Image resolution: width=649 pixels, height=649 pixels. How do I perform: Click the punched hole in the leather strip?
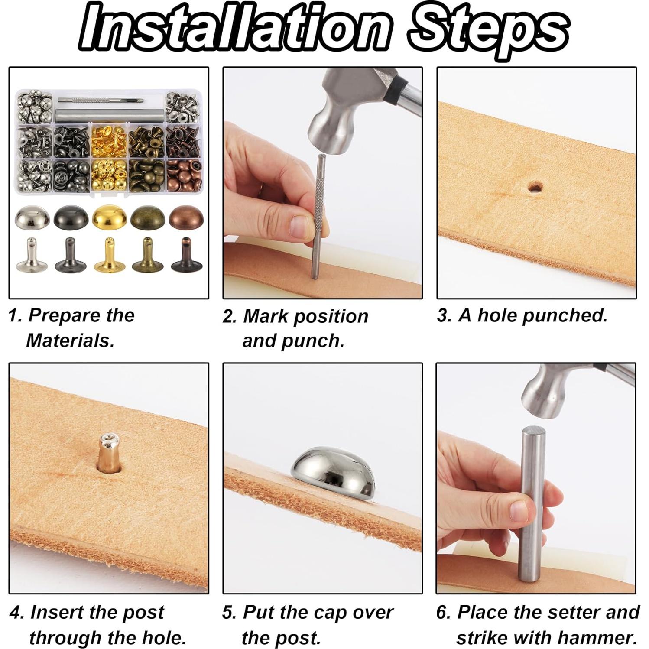pos(535,187)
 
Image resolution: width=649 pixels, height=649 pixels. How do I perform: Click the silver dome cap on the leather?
pos(333,472)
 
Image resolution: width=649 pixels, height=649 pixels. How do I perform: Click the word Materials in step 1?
pos(70,341)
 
